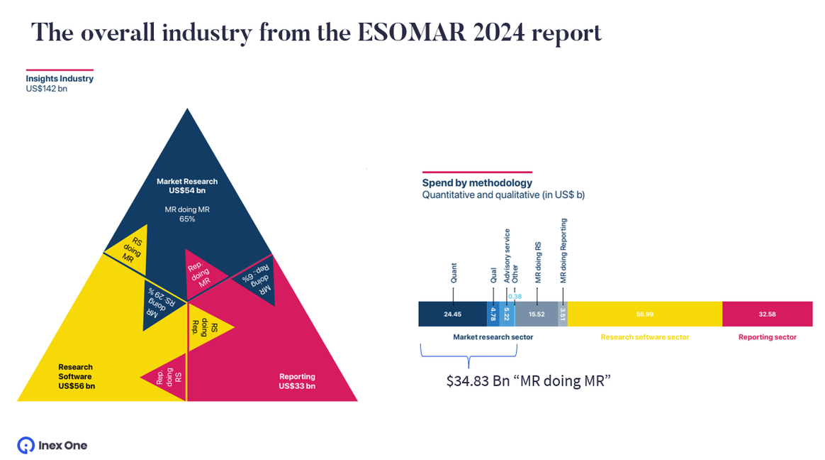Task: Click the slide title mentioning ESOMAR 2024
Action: [x=316, y=33]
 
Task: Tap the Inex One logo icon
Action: [x=26, y=445]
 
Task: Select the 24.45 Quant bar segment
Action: [x=452, y=314]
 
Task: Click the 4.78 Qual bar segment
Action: [x=493, y=314]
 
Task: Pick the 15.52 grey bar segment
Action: [x=536, y=314]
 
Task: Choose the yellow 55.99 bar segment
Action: [x=644, y=314]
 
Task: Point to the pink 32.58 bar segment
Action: [x=767, y=314]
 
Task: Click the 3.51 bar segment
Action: [x=563, y=314]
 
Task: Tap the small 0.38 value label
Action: [x=515, y=296]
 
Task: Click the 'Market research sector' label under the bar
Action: [x=493, y=337]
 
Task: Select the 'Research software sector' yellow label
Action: [x=644, y=337]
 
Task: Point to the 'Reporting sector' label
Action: [x=767, y=337]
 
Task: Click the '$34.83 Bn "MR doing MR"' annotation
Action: [x=528, y=381]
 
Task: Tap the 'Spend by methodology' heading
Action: [x=477, y=183]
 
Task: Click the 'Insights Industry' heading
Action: [x=60, y=79]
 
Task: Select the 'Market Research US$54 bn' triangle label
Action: [x=187, y=186]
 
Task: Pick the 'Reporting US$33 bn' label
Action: [x=297, y=381]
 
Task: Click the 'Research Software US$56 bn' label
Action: [x=77, y=376]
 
